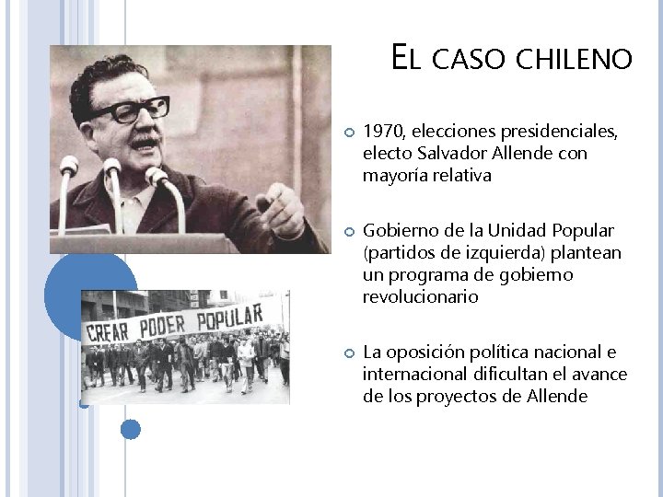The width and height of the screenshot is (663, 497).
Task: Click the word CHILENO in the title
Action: click(x=575, y=61)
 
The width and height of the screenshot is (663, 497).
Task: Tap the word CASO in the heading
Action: click(x=469, y=61)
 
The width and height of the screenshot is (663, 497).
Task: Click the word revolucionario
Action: click(x=420, y=297)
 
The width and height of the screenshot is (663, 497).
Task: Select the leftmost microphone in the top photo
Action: click(x=67, y=168)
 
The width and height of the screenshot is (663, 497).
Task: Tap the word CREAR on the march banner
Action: click(x=107, y=331)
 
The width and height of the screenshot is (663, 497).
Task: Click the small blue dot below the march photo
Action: click(x=131, y=429)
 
